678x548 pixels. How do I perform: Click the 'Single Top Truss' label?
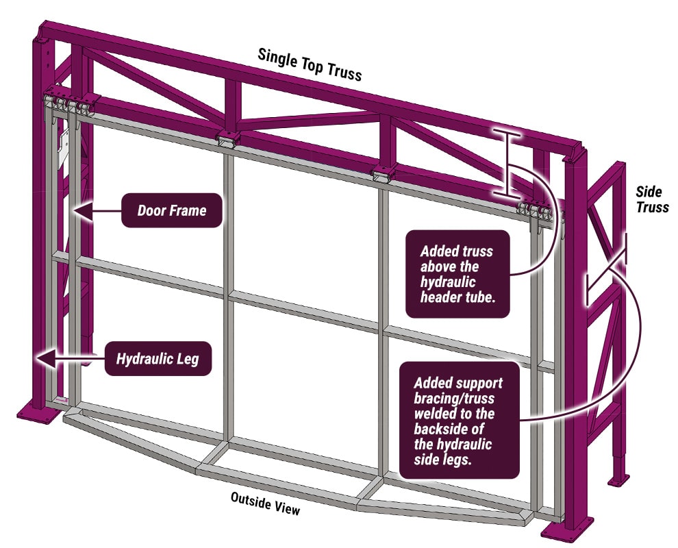tap(310, 64)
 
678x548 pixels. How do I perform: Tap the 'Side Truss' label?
tap(652, 199)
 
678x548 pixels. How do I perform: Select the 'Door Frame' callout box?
tap(172, 210)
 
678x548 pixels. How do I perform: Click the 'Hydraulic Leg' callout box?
tap(158, 358)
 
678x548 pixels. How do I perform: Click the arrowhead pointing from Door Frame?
tap(83, 210)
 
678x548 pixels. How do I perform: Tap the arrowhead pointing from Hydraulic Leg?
tap(47, 358)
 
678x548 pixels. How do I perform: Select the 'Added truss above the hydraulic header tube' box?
tap(457, 274)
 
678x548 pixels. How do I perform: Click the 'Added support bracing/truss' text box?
tap(460, 420)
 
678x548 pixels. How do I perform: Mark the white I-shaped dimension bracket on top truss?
tap(507, 162)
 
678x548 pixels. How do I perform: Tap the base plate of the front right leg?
tap(567, 530)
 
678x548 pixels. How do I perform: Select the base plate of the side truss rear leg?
tap(618, 480)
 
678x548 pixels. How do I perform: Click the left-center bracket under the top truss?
tap(228, 139)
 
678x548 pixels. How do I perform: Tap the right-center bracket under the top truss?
tap(384, 174)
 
